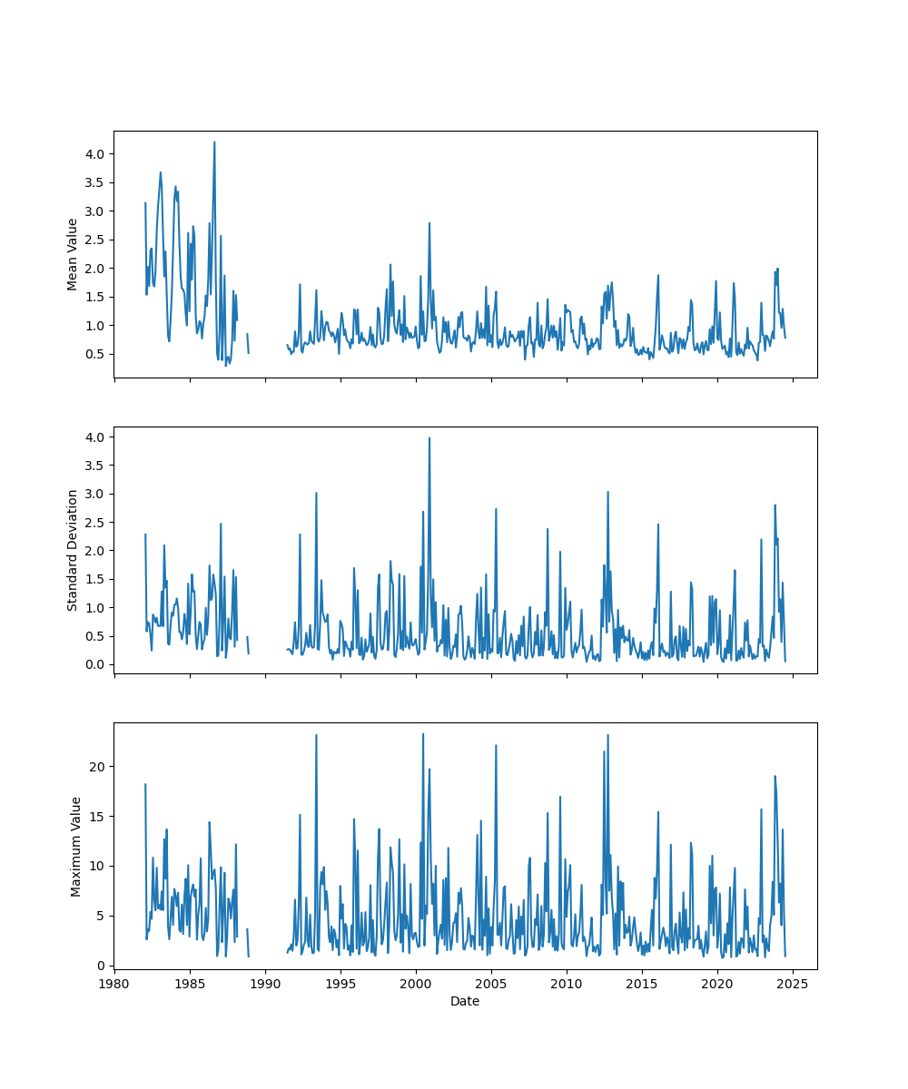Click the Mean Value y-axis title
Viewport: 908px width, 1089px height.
(x=73, y=254)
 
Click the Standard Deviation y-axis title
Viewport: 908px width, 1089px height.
(x=73, y=550)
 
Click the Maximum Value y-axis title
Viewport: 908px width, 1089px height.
(x=76, y=846)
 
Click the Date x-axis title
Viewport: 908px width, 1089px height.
(x=465, y=1002)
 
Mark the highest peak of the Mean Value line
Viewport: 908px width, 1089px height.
(x=214, y=142)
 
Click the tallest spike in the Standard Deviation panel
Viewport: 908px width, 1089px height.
(x=429, y=437)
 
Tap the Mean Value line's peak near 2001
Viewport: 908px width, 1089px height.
(x=429, y=222)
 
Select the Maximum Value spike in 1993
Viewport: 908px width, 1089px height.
(x=316, y=735)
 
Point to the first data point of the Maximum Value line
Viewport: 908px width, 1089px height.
(x=145, y=784)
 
